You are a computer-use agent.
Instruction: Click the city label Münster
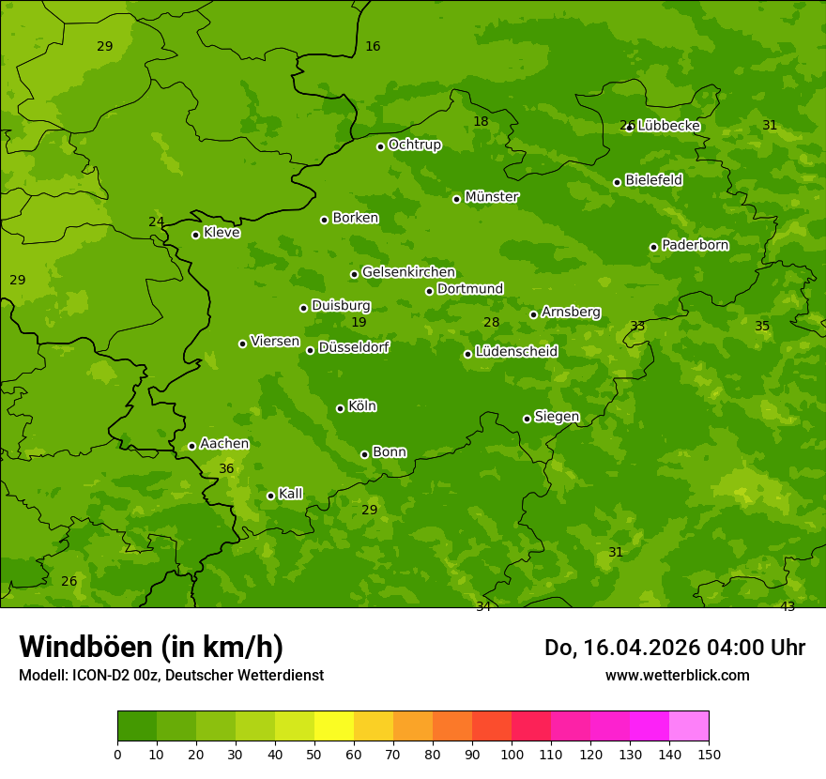click(x=491, y=197)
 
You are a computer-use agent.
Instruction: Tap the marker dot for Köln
click(x=340, y=408)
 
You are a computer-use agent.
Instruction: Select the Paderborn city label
click(x=695, y=245)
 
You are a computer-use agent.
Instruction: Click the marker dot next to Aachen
click(x=191, y=446)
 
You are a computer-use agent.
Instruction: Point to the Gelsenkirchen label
click(x=408, y=272)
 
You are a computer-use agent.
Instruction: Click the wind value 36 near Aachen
click(x=226, y=468)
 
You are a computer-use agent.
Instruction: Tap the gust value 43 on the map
click(x=788, y=606)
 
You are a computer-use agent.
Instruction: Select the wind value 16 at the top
click(x=373, y=46)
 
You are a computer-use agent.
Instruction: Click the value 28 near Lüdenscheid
click(x=491, y=322)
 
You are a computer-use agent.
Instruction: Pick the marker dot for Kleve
click(x=195, y=235)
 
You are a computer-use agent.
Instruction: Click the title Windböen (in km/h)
click(x=151, y=647)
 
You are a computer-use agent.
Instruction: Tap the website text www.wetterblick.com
click(x=677, y=675)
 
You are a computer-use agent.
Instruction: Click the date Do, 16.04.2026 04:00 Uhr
click(x=674, y=648)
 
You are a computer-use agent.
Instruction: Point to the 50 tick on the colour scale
click(x=314, y=754)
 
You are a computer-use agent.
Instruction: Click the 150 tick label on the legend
click(x=709, y=754)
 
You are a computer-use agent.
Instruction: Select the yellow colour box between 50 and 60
click(x=334, y=726)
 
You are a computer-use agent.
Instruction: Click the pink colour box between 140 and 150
click(x=689, y=726)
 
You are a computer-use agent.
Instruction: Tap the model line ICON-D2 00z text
click(x=171, y=675)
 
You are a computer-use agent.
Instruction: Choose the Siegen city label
click(x=557, y=417)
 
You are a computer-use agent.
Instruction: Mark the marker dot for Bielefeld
click(x=617, y=182)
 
